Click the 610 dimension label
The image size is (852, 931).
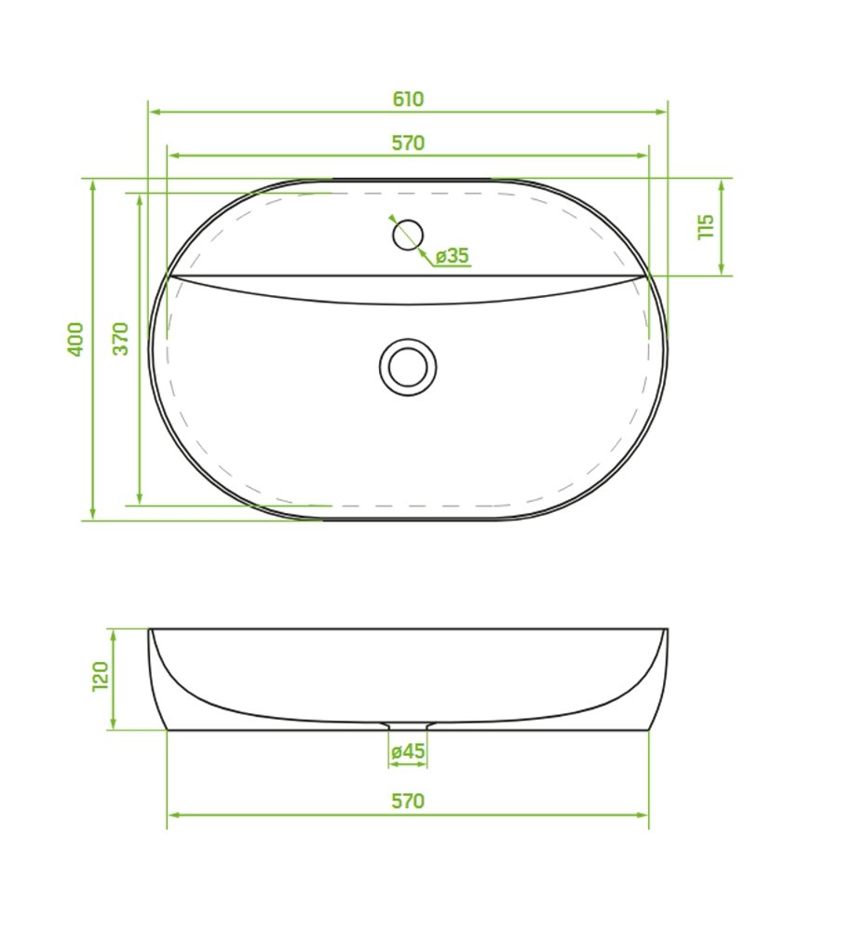[409, 99]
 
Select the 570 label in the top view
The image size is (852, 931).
[409, 143]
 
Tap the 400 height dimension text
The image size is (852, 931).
[76, 339]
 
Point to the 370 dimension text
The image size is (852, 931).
[120, 339]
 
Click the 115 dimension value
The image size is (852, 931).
[706, 227]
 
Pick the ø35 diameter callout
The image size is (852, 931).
[452, 256]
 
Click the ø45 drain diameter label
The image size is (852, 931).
[408, 751]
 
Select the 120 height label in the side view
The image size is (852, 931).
[100, 676]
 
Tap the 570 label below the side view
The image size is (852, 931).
[409, 801]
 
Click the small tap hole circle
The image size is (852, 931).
[408, 235]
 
